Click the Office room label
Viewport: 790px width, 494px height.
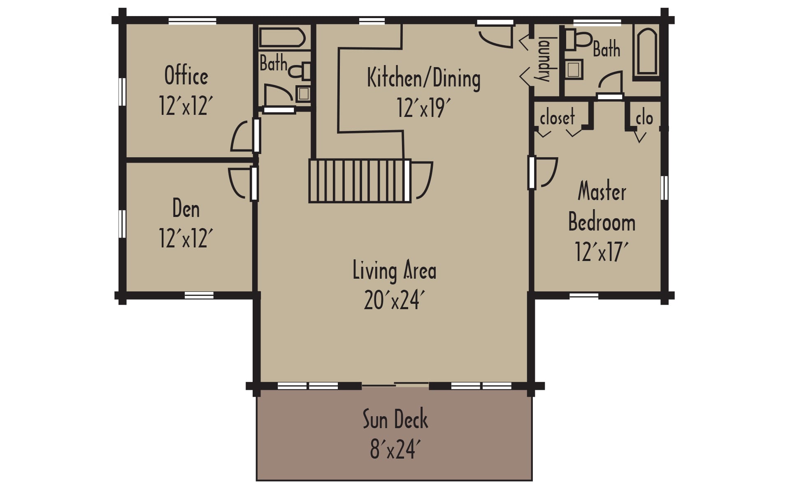[186, 75]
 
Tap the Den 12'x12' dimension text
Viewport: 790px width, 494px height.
[186, 238]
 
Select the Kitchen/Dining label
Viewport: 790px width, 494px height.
[423, 78]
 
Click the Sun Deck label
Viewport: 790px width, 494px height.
[395, 419]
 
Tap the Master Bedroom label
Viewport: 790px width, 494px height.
[602, 207]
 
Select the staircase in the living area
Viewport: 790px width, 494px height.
[359, 181]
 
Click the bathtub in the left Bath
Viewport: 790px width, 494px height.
[282, 38]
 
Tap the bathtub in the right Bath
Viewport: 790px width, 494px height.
[647, 51]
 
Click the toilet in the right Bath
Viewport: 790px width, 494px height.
[578, 40]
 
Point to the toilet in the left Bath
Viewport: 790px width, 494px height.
[300, 71]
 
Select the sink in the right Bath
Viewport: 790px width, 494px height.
[573, 69]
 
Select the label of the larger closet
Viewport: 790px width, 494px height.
[557, 118]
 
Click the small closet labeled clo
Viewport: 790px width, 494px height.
[644, 119]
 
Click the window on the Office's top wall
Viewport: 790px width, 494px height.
[192, 21]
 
